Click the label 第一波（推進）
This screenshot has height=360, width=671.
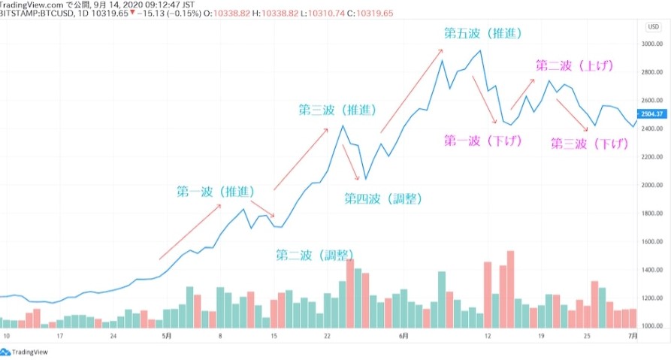(214, 192)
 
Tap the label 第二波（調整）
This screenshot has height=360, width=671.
(316, 254)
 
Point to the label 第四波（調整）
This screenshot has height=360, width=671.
(383, 198)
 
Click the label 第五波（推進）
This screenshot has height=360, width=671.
(482, 33)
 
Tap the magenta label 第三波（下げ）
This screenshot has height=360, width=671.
(589, 143)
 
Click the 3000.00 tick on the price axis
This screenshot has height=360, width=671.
(651, 44)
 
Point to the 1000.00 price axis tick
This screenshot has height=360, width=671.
(651, 326)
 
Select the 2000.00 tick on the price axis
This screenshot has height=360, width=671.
(651, 185)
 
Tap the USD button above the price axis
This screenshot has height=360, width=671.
(652, 27)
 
